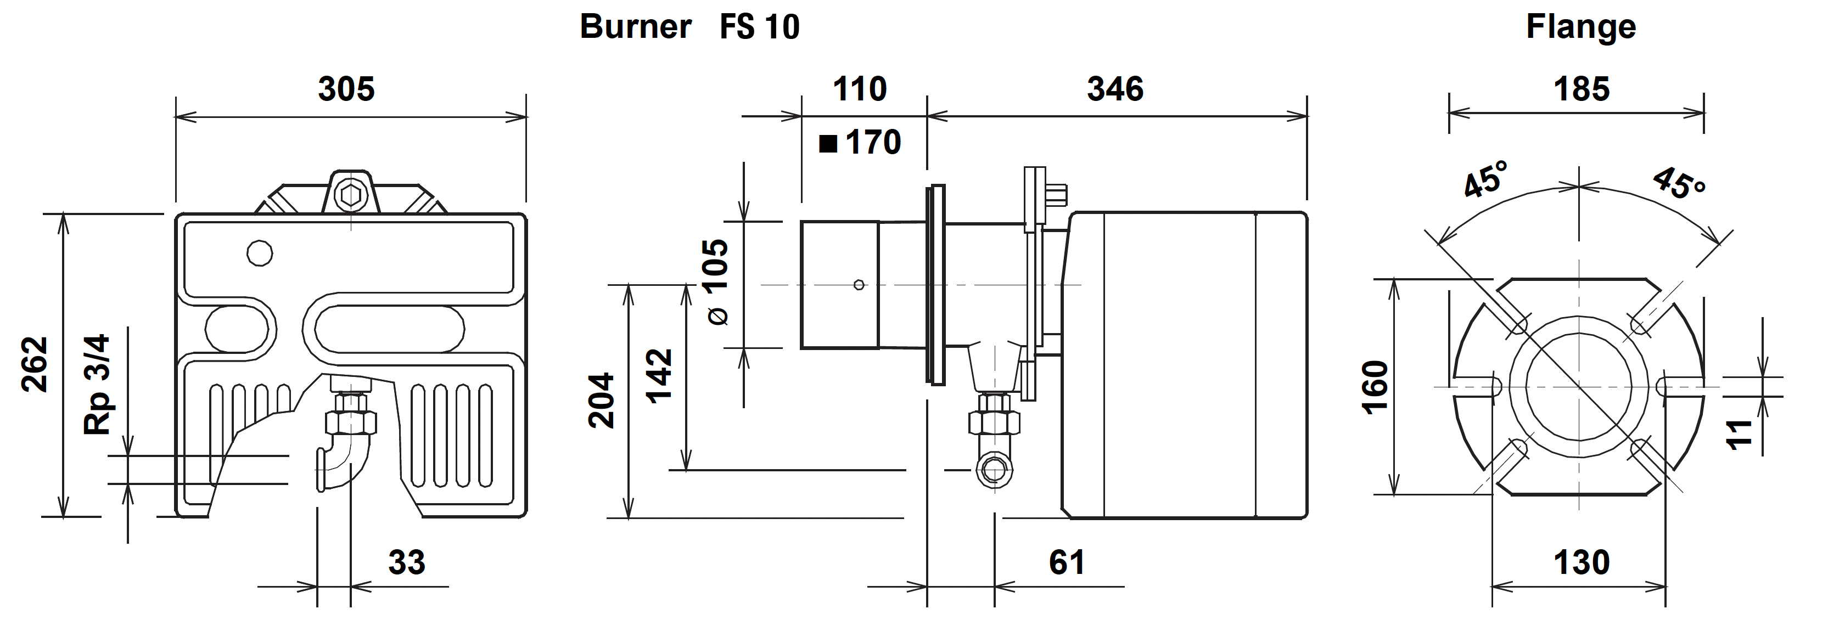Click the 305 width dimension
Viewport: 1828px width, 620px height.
[x=346, y=89]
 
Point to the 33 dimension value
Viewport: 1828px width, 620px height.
[x=407, y=562]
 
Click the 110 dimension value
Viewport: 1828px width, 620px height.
[x=859, y=89]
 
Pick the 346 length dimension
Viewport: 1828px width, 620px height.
[x=1115, y=89]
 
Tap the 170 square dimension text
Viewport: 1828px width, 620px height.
[x=872, y=143]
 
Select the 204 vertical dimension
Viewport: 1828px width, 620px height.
[x=602, y=400]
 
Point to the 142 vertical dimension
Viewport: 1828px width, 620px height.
[x=659, y=376]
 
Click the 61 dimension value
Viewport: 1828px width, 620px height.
[x=1067, y=562]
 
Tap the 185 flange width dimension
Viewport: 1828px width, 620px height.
[x=1582, y=89]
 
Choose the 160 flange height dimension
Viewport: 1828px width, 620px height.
[x=1375, y=387]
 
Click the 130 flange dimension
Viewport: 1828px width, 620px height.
[x=1582, y=562]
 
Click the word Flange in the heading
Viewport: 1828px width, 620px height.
[x=1581, y=27]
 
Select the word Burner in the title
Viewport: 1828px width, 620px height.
[x=635, y=27]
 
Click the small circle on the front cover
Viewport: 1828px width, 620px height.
[x=260, y=252]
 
